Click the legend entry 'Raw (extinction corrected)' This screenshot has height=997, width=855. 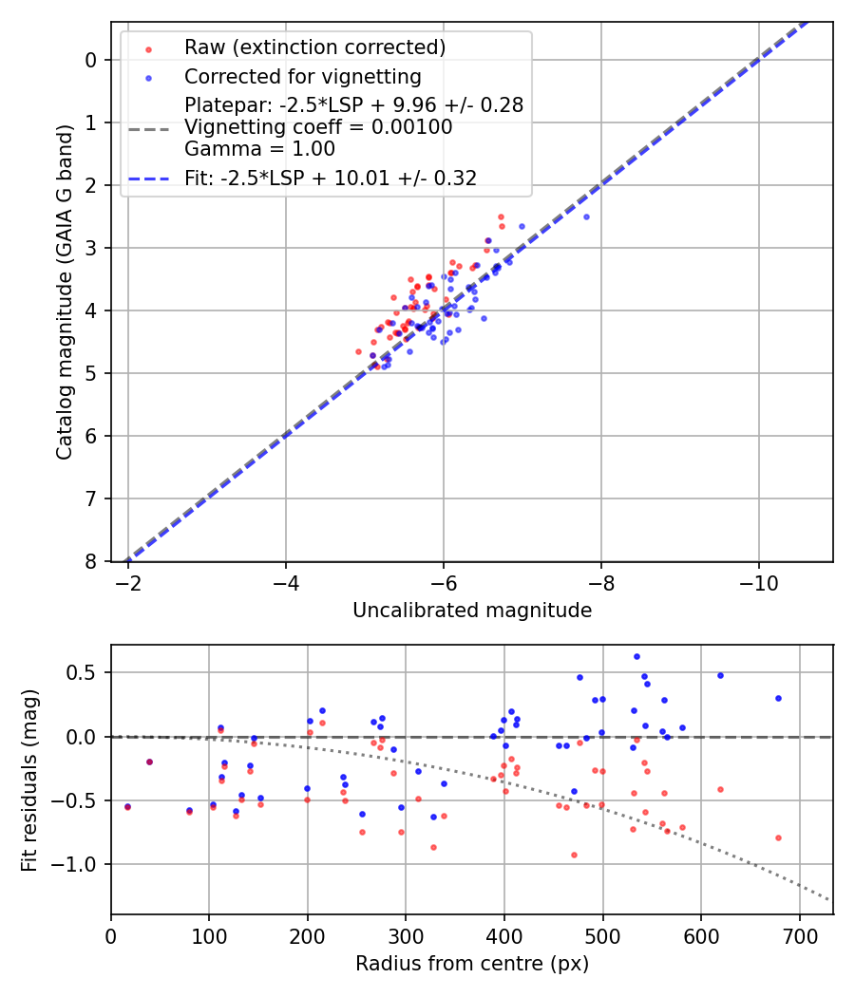click(315, 47)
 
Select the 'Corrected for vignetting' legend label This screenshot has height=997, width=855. click(303, 76)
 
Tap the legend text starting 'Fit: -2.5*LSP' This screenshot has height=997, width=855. click(331, 178)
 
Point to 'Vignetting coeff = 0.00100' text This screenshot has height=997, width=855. click(318, 127)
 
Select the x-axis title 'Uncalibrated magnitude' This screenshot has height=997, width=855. click(472, 611)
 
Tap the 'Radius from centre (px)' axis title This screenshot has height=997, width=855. click(472, 964)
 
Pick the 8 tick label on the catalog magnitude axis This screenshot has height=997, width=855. click(91, 562)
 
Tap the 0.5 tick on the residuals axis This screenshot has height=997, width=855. click(88, 673)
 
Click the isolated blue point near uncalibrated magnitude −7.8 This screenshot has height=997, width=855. click(586, 216)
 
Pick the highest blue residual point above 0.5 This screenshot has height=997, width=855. click(636, 656)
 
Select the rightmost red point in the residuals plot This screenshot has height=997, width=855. click(778, 837)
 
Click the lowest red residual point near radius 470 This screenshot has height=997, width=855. click(574, 855)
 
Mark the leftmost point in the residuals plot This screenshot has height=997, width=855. click(127, 806)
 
